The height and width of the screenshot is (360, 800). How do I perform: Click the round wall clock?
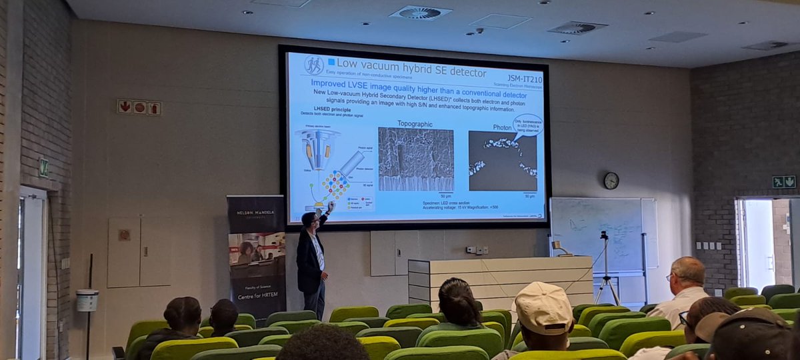tap(611, 181)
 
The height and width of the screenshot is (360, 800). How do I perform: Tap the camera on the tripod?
tap(604, 236)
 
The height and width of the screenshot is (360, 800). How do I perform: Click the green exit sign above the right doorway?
tap(783, 181)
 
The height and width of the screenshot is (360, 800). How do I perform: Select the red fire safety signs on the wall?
tap(139, 107)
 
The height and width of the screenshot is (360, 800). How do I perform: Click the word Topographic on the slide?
tap(415, 124)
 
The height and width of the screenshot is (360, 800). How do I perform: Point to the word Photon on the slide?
tap(502, 127)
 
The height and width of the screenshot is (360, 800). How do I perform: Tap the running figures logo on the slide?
tap(314, 65)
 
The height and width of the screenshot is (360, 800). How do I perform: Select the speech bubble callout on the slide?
tap(527, 125)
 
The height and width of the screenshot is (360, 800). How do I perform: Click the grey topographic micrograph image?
tap(415, 159)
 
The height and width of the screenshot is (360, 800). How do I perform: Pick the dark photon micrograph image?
tap(502, 161)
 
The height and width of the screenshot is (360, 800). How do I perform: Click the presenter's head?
tap(309, 219)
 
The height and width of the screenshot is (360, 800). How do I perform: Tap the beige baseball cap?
tap(543, 307)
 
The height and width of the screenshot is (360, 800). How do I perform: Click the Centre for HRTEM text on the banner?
tap(256, 287)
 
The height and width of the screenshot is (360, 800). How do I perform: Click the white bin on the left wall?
tap(87, 300)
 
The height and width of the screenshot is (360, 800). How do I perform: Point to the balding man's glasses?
tap(670, 277)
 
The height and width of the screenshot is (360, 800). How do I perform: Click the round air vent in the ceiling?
tap(420, 12)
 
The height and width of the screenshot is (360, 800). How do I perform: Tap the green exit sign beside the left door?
tap(43, 168)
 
